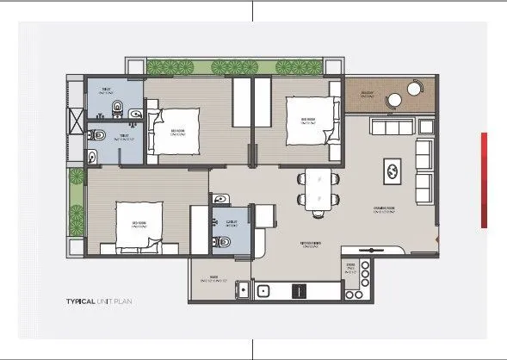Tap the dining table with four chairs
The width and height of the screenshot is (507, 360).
314,191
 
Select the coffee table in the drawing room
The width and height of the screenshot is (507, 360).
392,171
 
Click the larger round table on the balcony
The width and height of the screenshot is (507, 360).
394,99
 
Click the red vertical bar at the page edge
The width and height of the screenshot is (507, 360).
485,180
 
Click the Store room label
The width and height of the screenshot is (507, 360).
350,268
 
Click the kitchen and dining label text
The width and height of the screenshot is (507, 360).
310,244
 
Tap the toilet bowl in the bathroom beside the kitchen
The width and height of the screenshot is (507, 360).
225,244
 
